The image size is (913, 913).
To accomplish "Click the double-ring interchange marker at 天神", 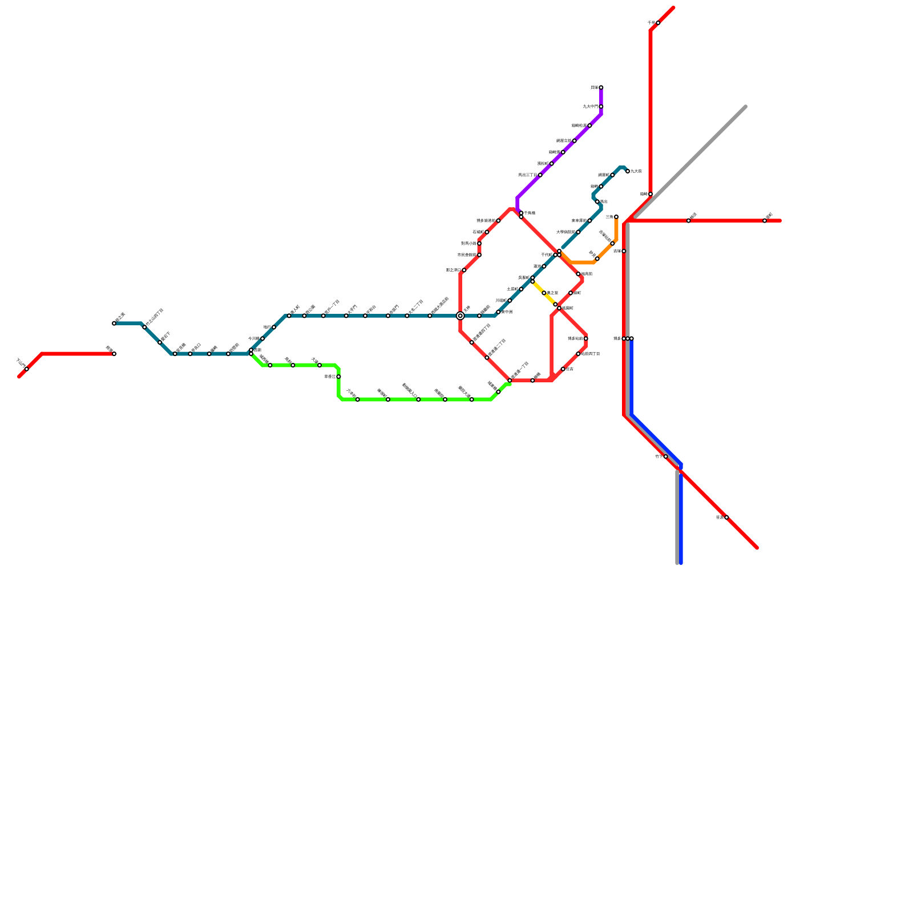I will [460, 316].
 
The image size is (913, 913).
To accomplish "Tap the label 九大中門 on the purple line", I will [590, 107].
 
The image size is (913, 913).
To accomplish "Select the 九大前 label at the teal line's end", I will [636, 171].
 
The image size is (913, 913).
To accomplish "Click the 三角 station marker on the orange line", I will [616, 217].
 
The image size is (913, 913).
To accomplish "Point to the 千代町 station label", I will [547, 255].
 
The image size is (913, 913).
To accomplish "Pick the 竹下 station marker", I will [665, 457].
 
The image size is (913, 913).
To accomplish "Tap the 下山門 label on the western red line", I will [20, 362].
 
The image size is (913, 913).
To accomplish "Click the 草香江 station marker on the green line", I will [338, 377].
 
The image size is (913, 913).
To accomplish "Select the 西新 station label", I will [258, 350].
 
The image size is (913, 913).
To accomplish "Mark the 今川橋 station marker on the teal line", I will [262, 338].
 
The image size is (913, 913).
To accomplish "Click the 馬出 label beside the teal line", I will [604, 202].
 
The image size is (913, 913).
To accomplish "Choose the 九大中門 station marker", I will [601, 107].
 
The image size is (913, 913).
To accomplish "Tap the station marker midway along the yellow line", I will [544, 293].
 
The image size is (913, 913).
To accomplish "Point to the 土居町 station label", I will [512, 289].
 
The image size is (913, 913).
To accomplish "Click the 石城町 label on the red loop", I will [478, 232].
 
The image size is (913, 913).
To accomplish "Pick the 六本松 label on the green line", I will [351, 393].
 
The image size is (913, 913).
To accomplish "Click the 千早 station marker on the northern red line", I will [658, 23].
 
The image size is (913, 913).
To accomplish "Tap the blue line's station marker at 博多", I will [632, 338].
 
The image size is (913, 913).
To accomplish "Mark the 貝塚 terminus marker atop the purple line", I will [601, 87].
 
